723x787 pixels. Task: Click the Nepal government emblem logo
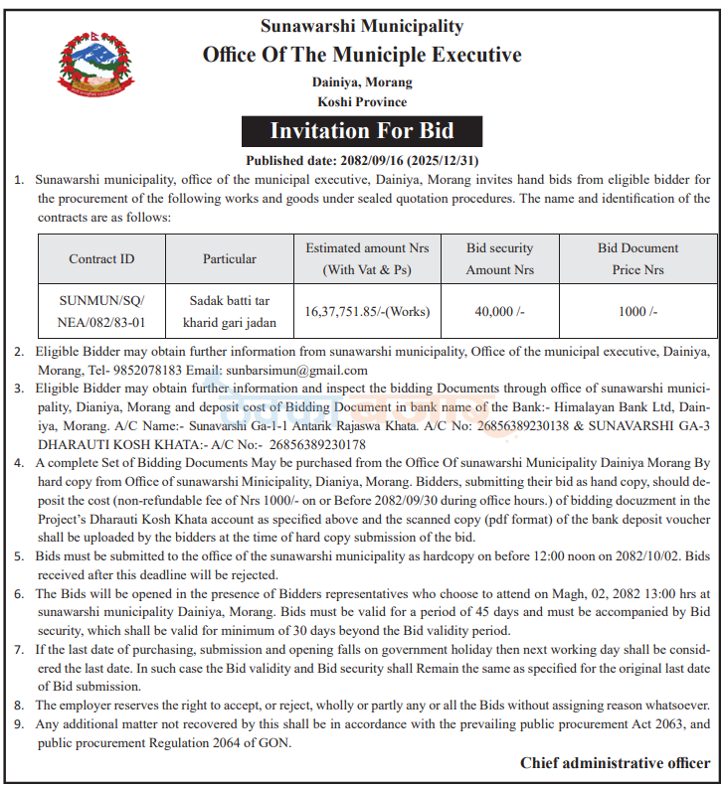pyautogui.click(x=88, y=65)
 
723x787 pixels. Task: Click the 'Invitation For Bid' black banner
pyautogui.click(x=362, y=131)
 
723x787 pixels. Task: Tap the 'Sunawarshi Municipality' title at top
pyautogui.click(x=362, y=26)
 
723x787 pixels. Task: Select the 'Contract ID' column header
pyautogui.click(x=101, y=258)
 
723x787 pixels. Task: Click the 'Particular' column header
pyautogui.click(x=230, y=258)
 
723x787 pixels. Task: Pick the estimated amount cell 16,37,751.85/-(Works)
pyautogui.click(x=367, y=311)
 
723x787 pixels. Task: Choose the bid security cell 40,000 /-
pyautogui.click(x=499, y=311)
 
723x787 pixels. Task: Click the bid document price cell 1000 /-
pyautogui.click(x=637, y=311)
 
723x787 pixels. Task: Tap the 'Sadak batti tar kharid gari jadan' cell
pyautogui.click(x=230, y=311)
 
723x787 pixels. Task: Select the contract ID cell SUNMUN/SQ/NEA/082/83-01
pyautogui.click(x=101, y=311)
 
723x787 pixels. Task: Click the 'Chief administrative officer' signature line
pyautogui.click(x=615, y=762)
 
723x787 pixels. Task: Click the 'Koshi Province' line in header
pyautogui.click(x=362, y=101)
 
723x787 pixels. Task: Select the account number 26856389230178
pyautogui.click(x=308, y=444)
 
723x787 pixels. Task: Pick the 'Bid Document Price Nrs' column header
pyautogui.click(x=637, y=258)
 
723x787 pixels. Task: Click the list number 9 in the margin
pyautogui.click(x=19, y=723)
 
